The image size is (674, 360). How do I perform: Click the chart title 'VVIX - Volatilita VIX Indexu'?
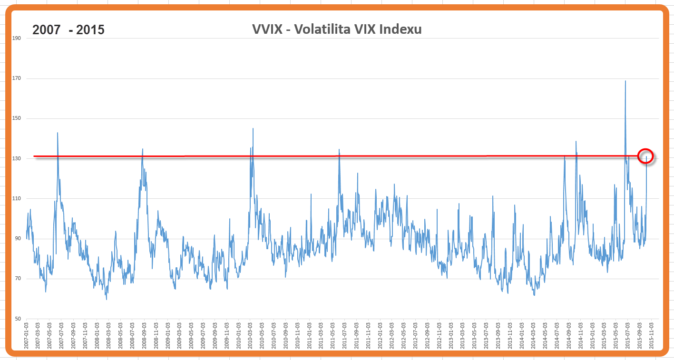[x=337, y=29]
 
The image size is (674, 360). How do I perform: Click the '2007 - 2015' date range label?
[x=68, y=30]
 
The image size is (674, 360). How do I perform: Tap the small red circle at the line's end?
[x=645, y=156]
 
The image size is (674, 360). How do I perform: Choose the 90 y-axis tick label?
[x=17, y=239]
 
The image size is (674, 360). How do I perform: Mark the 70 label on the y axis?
[x=17, y=279]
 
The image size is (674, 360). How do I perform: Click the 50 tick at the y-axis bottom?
[x=17, y=319]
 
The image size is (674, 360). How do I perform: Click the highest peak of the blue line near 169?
[x=625, y=81]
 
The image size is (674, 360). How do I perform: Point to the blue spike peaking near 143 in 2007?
[x=58, y=133]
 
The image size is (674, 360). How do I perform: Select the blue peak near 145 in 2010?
[x=253, y=129]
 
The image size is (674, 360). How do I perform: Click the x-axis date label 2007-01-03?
[x=27, y=336]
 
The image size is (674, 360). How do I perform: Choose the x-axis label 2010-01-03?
[x=238, y=336]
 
